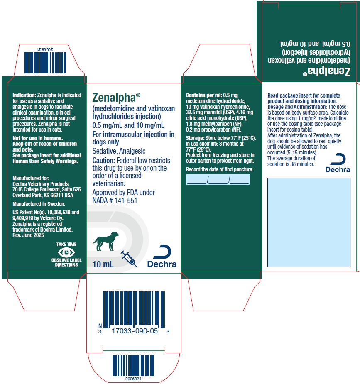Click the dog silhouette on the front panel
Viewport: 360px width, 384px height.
[x=105, y=241]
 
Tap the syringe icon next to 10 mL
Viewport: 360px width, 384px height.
[x=129, y=259]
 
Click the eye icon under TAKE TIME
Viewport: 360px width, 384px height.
[x=66, y=252]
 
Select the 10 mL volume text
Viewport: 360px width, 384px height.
[x=103, y=264]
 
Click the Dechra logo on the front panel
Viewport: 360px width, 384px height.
[x=162, y=256]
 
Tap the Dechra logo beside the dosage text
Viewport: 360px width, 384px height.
[x=338, y=163]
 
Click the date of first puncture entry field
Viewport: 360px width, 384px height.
[x=218, y=179]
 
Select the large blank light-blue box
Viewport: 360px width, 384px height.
[x=309, y=222]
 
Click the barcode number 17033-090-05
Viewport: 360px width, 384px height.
[x=135, y=331]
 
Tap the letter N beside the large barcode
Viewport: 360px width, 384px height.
[x=100, y=326]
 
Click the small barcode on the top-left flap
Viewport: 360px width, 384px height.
[x=45, y=63]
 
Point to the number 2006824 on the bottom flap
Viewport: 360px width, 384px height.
[x=133, y=379]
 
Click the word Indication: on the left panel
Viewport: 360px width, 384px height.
[x=24, y=95]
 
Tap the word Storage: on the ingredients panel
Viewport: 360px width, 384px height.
[x=195, y=138]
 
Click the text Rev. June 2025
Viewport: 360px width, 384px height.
[x=28, y=235]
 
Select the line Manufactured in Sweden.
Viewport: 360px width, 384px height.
[x=39, y=204]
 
